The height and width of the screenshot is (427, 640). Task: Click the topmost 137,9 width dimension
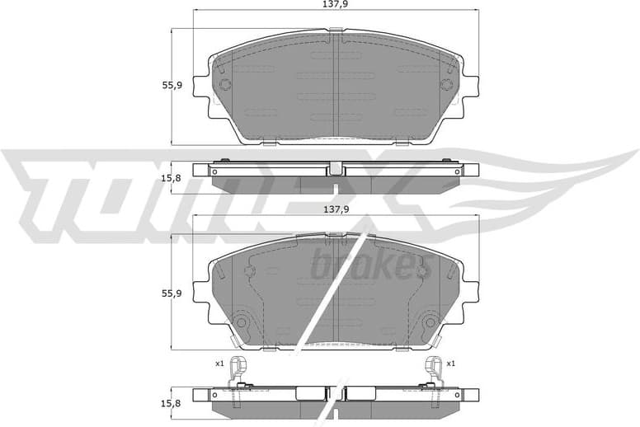[x=335, y=5]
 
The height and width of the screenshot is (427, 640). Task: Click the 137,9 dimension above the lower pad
[x=335, y=209]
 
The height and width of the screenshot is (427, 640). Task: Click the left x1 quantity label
[x=219, y=363]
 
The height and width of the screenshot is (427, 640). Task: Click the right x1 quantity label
[x=450, y=363]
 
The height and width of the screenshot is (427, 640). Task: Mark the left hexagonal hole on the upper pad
[x=224, y=84]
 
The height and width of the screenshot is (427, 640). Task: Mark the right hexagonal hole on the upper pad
[x=446, y=84]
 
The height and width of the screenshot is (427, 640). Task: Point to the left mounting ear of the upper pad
[x=200, y=85]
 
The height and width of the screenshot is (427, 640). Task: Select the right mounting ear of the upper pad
[x=471, y=85]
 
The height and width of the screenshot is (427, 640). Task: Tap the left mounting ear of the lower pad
[x=200, y=291]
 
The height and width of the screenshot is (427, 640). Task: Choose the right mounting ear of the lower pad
[x=471, y=291]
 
